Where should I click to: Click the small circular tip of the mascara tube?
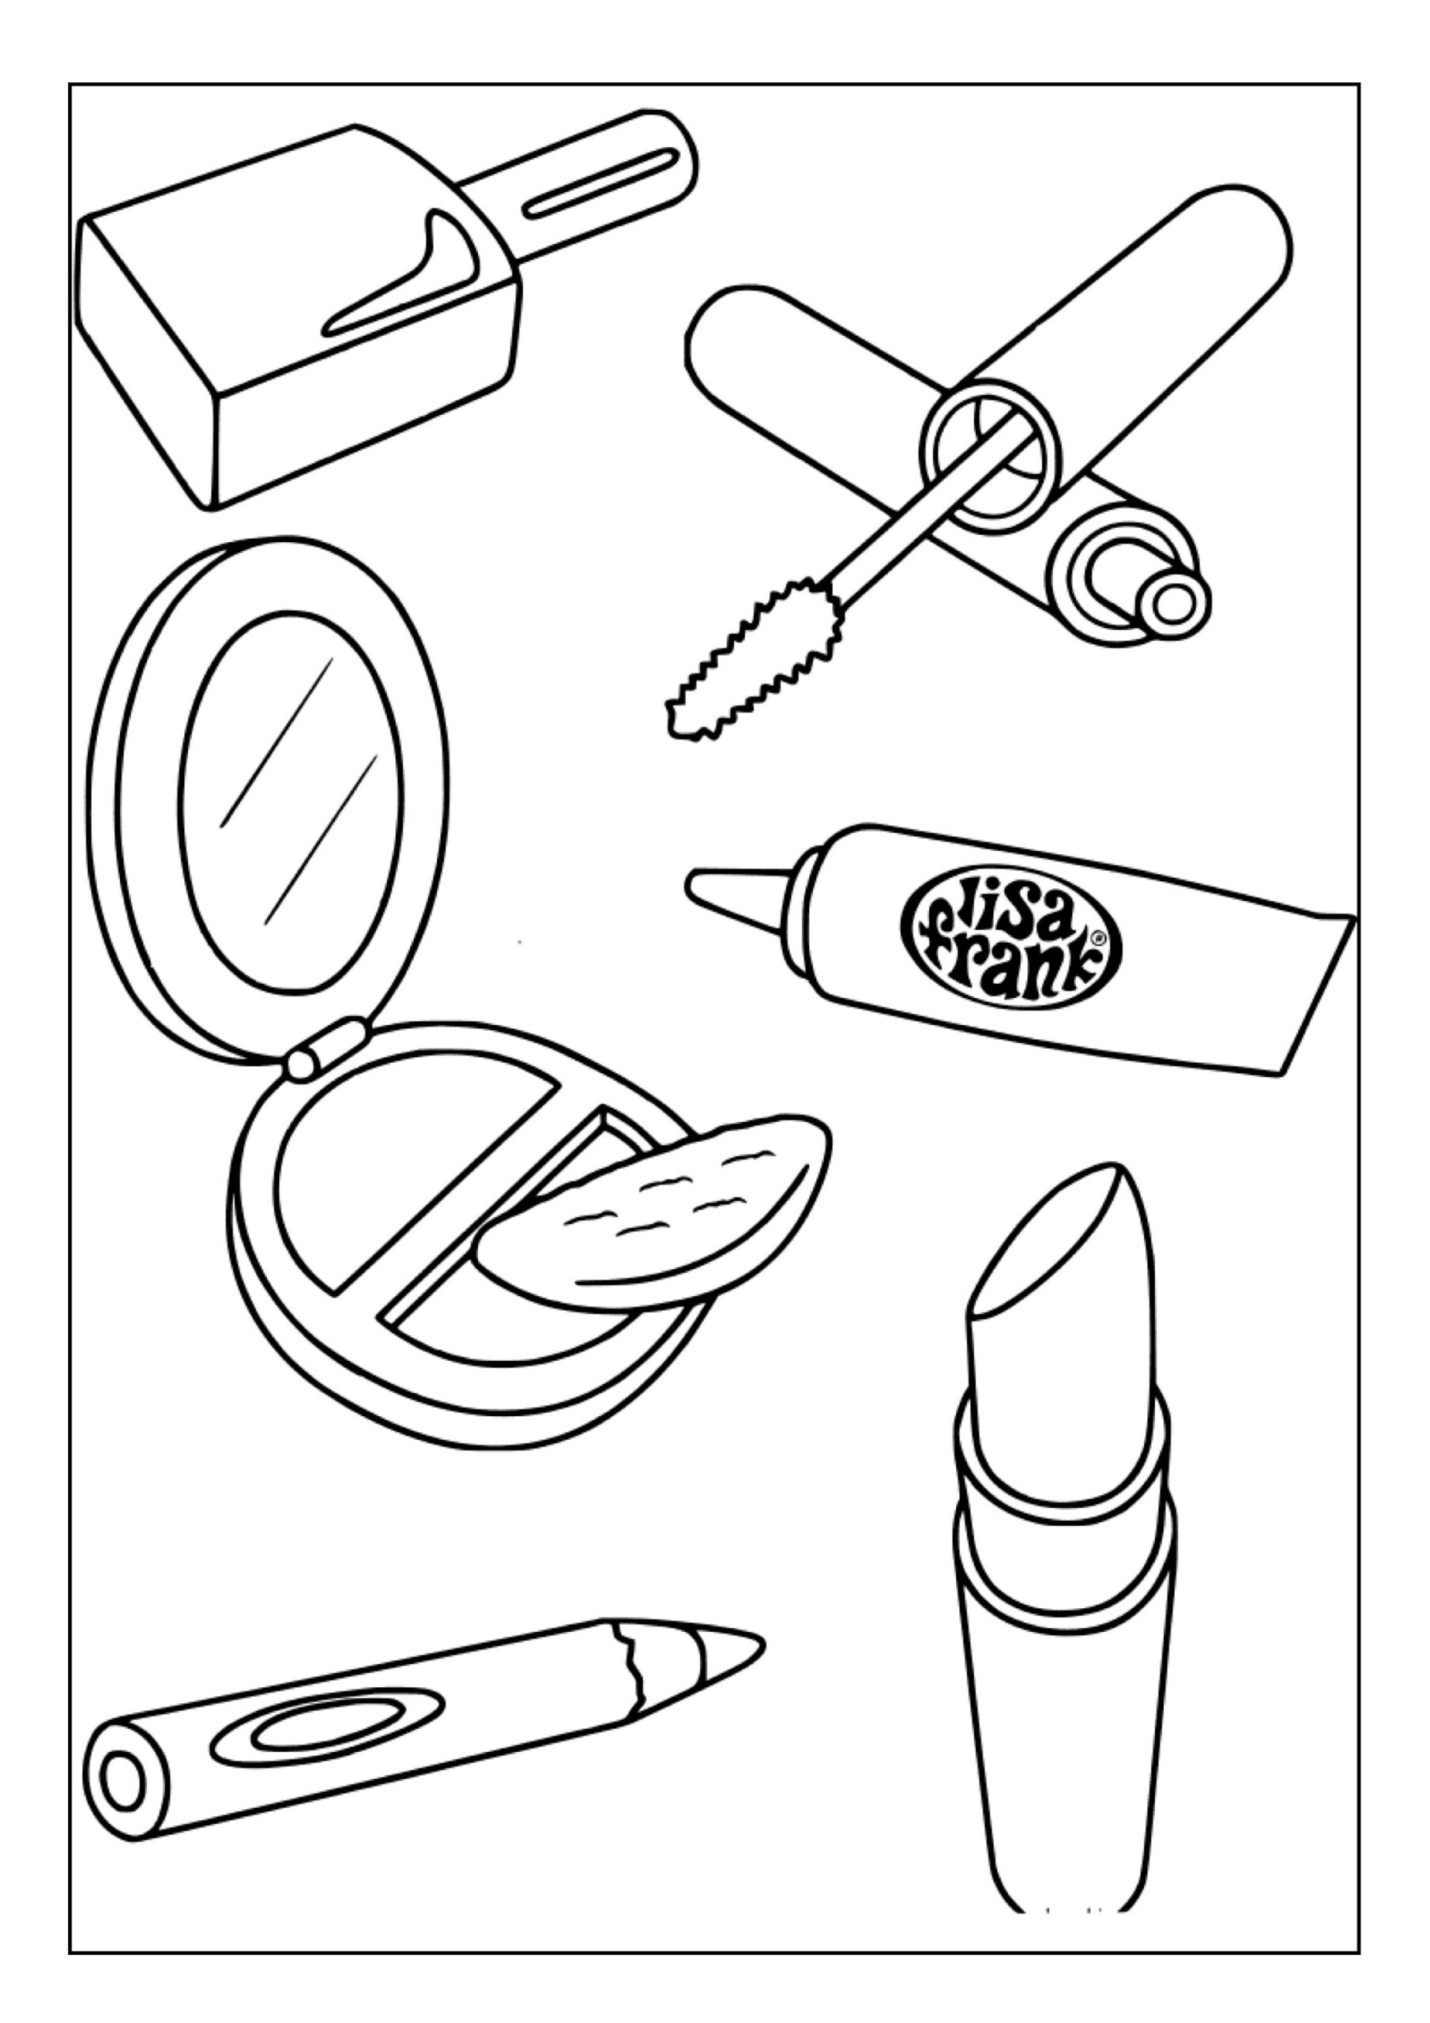tap(1172, 604)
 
